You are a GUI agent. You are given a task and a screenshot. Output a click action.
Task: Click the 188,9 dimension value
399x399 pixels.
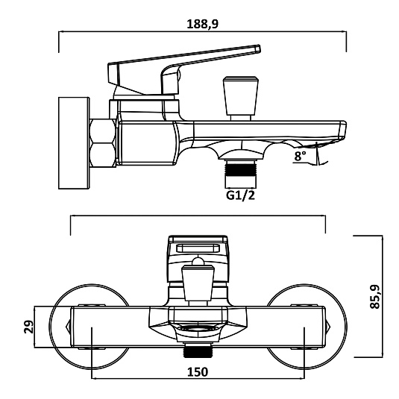tap(203, 24)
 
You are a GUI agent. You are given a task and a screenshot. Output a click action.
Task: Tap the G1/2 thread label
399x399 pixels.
tap(240, 195)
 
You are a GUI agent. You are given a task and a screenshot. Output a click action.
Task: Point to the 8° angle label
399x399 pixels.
tap(300, 156)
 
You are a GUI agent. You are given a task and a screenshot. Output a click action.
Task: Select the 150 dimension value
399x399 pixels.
tap(198, 372)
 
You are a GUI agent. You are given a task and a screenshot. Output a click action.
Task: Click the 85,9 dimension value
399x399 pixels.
tap(374, 296)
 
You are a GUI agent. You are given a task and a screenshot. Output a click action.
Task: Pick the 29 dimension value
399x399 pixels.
tap(29, 327)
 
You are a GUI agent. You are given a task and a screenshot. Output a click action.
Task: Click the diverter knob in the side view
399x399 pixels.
tap(241, 98)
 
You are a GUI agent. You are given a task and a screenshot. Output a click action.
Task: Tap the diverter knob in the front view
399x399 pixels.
tap(198, 283)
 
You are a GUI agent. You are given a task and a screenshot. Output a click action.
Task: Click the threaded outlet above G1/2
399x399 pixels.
tap(240, 174)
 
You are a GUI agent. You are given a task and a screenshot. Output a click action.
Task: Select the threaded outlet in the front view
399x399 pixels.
tap(198, 350)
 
